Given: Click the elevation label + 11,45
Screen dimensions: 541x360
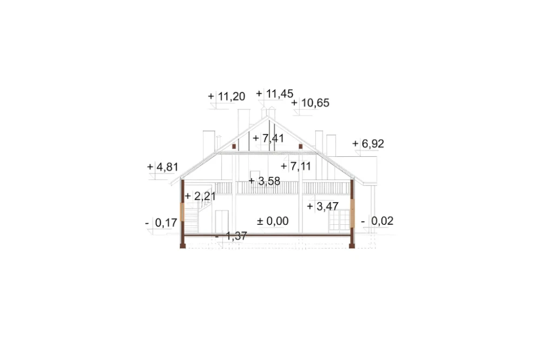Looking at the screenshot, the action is (x=275, y=94).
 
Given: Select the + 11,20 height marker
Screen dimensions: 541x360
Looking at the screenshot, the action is (x=226, y=97).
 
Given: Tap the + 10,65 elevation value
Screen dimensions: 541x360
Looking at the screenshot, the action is (x=310, y=103).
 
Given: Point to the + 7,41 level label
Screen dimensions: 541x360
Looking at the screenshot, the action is (x=268, y=138).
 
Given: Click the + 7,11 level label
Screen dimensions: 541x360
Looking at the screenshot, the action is (x=296, y=166).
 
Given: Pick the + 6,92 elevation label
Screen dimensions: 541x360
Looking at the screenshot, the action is (x=368, y=143).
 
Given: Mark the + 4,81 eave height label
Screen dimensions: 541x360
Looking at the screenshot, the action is (x=163, y=167).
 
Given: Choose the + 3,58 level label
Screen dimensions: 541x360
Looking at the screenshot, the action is (x=265, y=181).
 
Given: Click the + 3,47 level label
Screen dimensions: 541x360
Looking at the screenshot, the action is (x=322, y=206).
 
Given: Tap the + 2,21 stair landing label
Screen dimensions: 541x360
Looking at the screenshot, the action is (x=200, y=196).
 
